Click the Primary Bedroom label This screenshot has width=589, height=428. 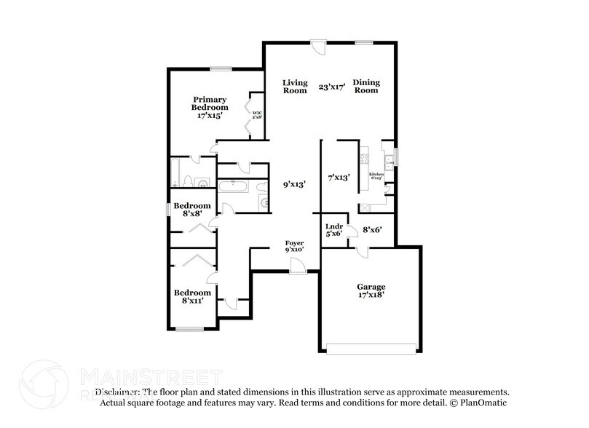point(210,107)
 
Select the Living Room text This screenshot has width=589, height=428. point(295,87)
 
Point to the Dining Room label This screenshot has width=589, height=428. point(366,87)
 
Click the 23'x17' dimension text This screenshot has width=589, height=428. point(331,87)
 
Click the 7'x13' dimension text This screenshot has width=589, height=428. point(339,177)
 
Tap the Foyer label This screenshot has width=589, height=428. point(294,245)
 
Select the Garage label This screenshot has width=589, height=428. point(371,290)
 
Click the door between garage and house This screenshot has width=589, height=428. point(362,251)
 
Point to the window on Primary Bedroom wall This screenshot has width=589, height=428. point(221,69)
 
